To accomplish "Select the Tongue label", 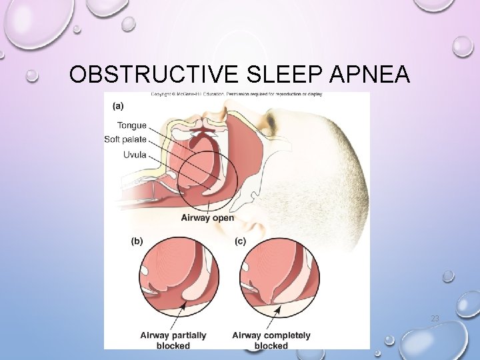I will tap(132, 125).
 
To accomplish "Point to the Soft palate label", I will tap(125, 139).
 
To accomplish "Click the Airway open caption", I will tap(207, 217).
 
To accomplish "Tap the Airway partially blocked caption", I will tap(173, 340).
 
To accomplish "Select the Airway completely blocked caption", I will tap(271, 340).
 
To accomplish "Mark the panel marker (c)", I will tap(241, 241).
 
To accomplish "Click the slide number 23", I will tap(435, 319).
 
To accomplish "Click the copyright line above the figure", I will tap(237, 94).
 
